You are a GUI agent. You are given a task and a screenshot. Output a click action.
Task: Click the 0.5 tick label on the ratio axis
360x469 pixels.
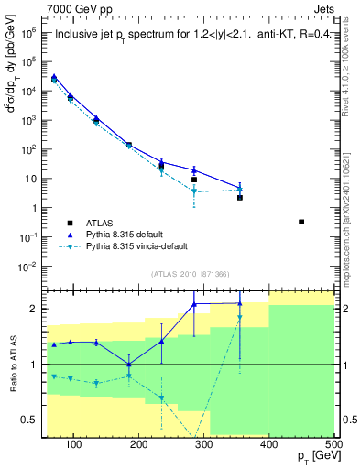pos(32,420)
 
